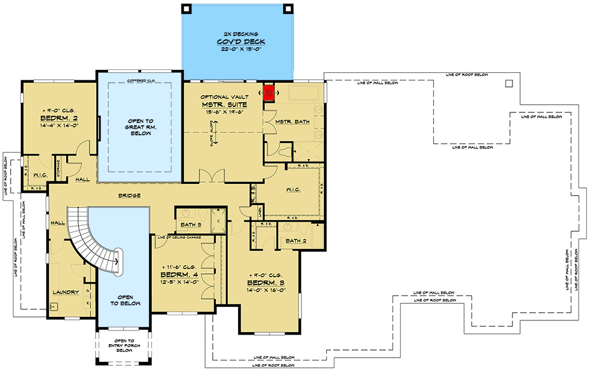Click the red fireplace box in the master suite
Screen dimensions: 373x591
click(x=269, y=92)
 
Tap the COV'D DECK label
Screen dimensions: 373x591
click(x=239, y=43)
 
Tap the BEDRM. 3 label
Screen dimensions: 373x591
click(x=269, y=283)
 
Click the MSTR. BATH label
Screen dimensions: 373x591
click(x=288, y=121)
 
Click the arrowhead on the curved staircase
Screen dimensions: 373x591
click(x=118, y=259)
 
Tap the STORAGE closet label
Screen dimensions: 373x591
click(x=59, y=168)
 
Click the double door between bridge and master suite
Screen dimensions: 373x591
click(x=210, y=176)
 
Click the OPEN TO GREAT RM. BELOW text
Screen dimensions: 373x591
click(x=139, y=125)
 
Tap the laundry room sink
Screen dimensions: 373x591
click(x=53, y=306)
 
